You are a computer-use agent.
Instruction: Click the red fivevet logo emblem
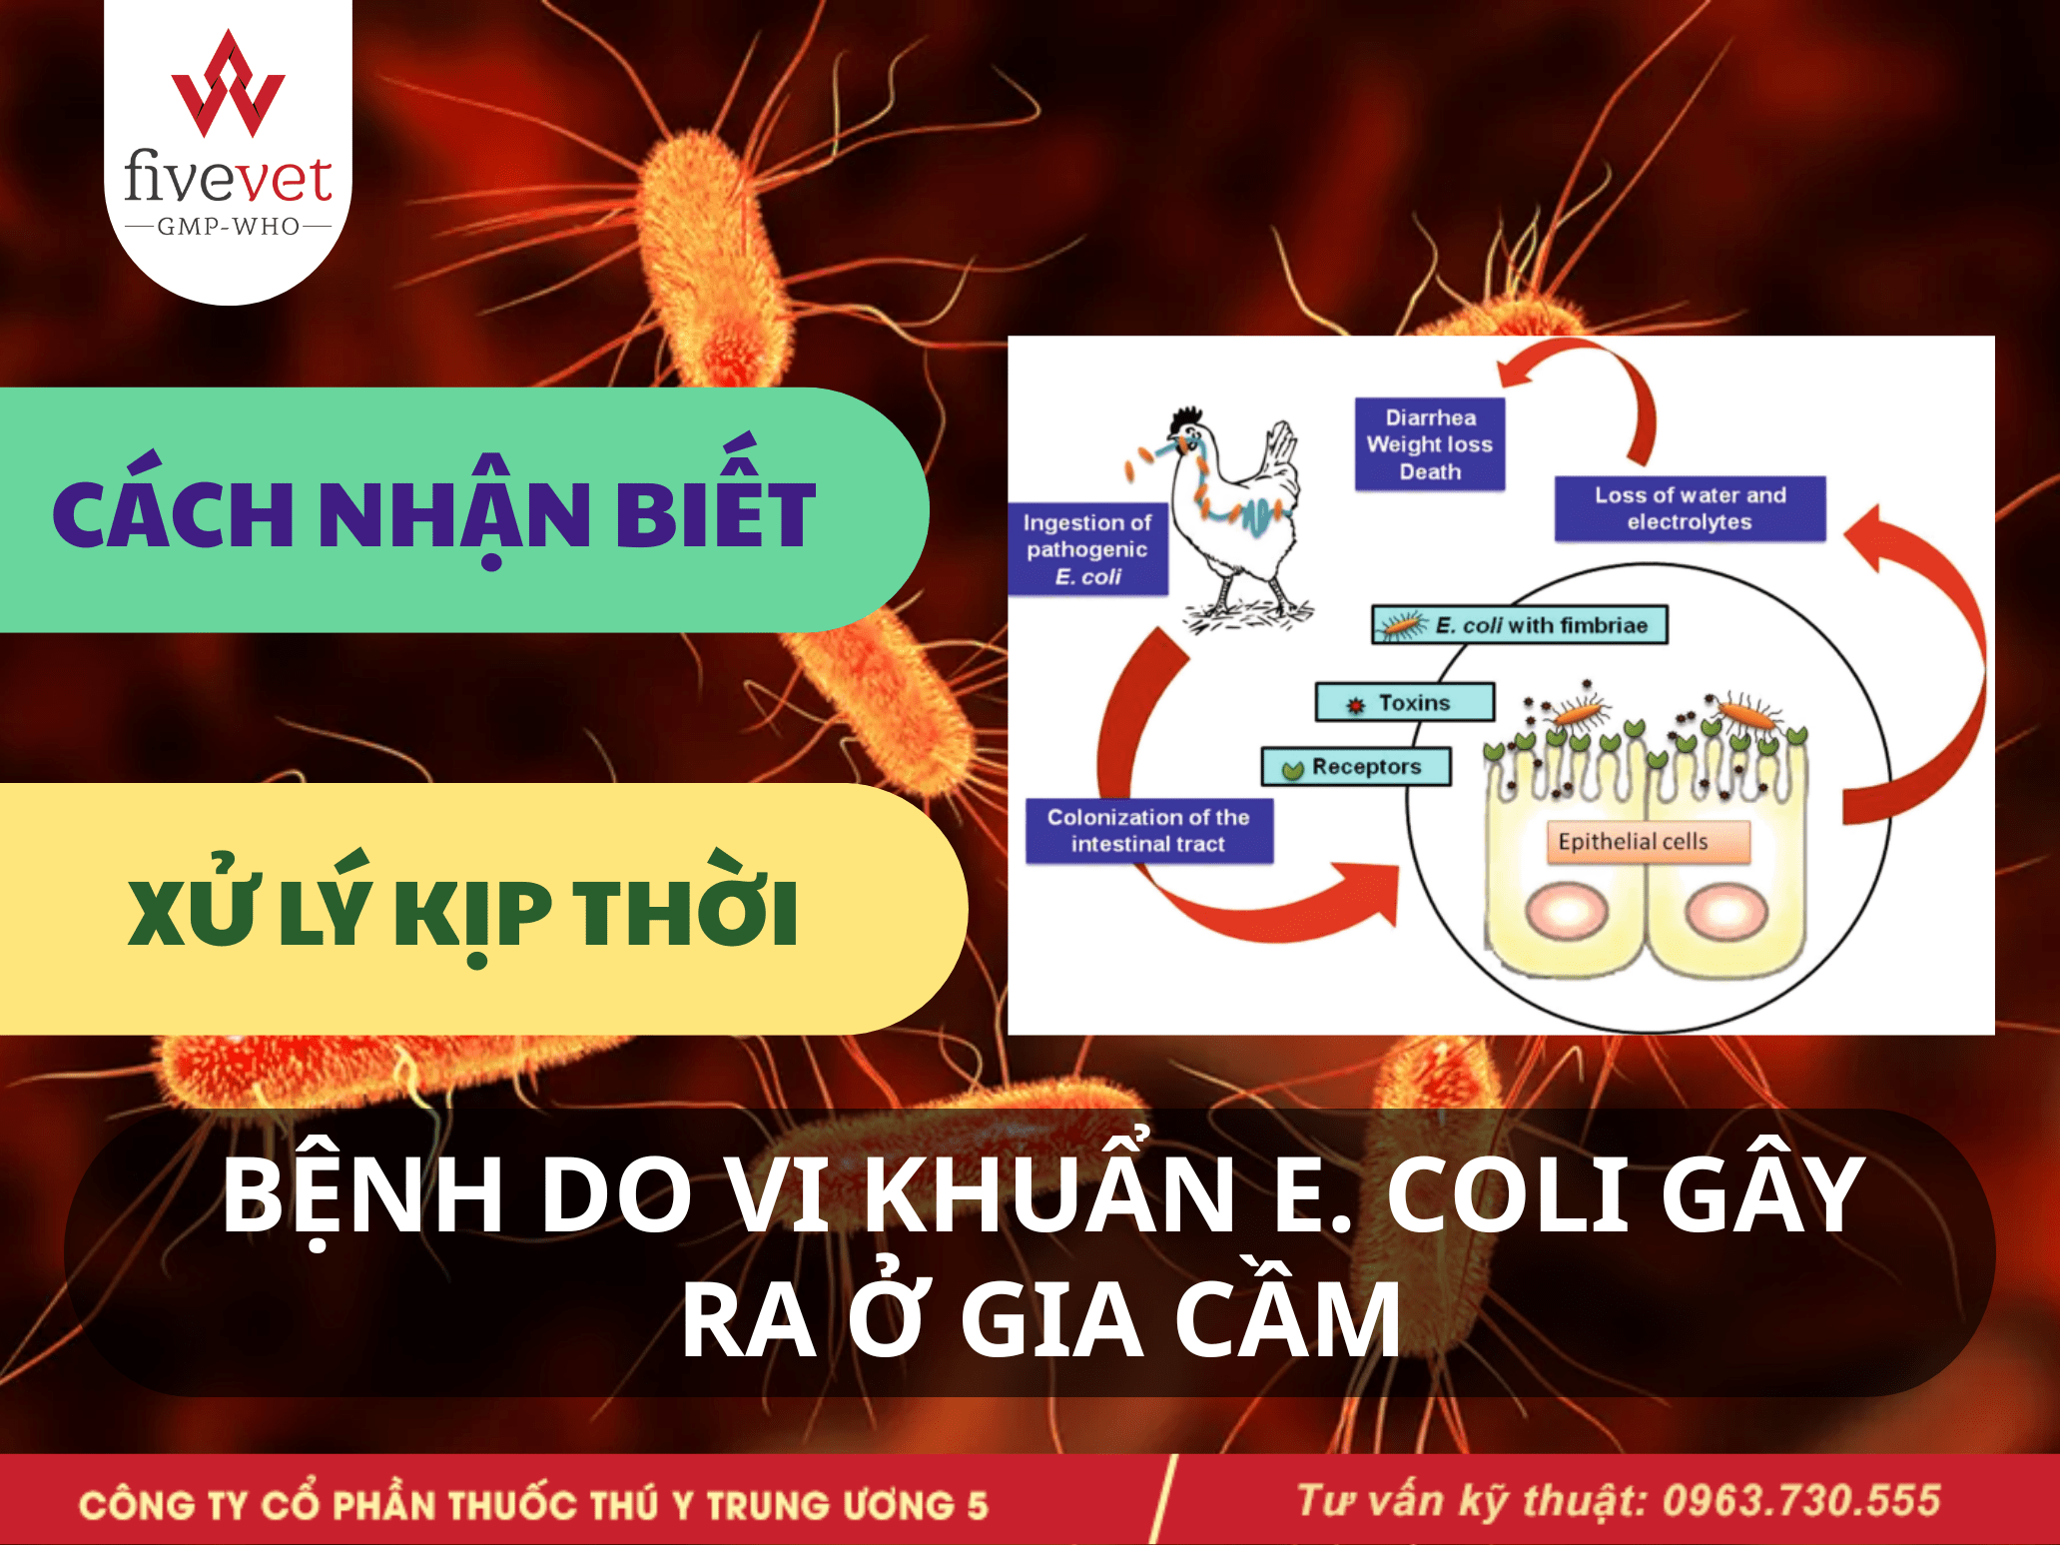[228, 84]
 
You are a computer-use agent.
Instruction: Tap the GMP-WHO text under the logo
[229, 227]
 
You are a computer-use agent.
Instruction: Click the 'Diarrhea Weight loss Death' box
[1430, 444]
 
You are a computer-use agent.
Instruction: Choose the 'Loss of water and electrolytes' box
[1690, 508]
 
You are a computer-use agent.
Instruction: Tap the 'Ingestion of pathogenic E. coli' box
[1087, 549]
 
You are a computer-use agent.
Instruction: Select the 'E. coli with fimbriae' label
[1519, 625]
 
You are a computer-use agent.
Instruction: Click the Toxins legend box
[1405, 702]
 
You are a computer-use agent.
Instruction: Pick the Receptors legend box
[1356, 767]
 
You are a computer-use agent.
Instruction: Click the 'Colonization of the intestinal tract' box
[1149, 830]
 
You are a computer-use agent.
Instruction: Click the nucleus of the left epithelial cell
[1567, 912]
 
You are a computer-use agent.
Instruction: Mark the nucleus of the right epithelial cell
[1726, 912]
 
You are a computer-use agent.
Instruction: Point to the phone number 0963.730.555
[1801, 1501]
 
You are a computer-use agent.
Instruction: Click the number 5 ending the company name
[977, 1505]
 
